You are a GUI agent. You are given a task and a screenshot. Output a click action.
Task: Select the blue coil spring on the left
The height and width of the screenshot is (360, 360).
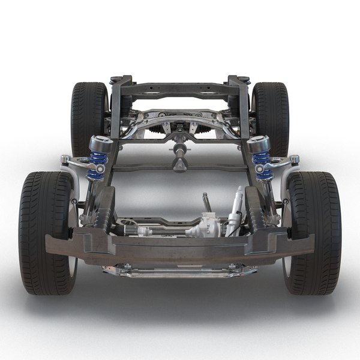98,166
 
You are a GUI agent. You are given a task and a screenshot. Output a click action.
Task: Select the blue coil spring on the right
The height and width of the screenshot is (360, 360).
262,166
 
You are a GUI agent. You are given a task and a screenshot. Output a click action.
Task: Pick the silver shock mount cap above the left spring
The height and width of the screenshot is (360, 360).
100,145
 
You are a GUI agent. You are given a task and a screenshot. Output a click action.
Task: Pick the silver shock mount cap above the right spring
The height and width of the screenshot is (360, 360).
259,145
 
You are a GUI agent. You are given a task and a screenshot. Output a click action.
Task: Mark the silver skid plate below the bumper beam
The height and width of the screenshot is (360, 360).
180,271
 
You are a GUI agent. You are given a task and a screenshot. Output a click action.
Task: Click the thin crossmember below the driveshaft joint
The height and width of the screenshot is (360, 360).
180,169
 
